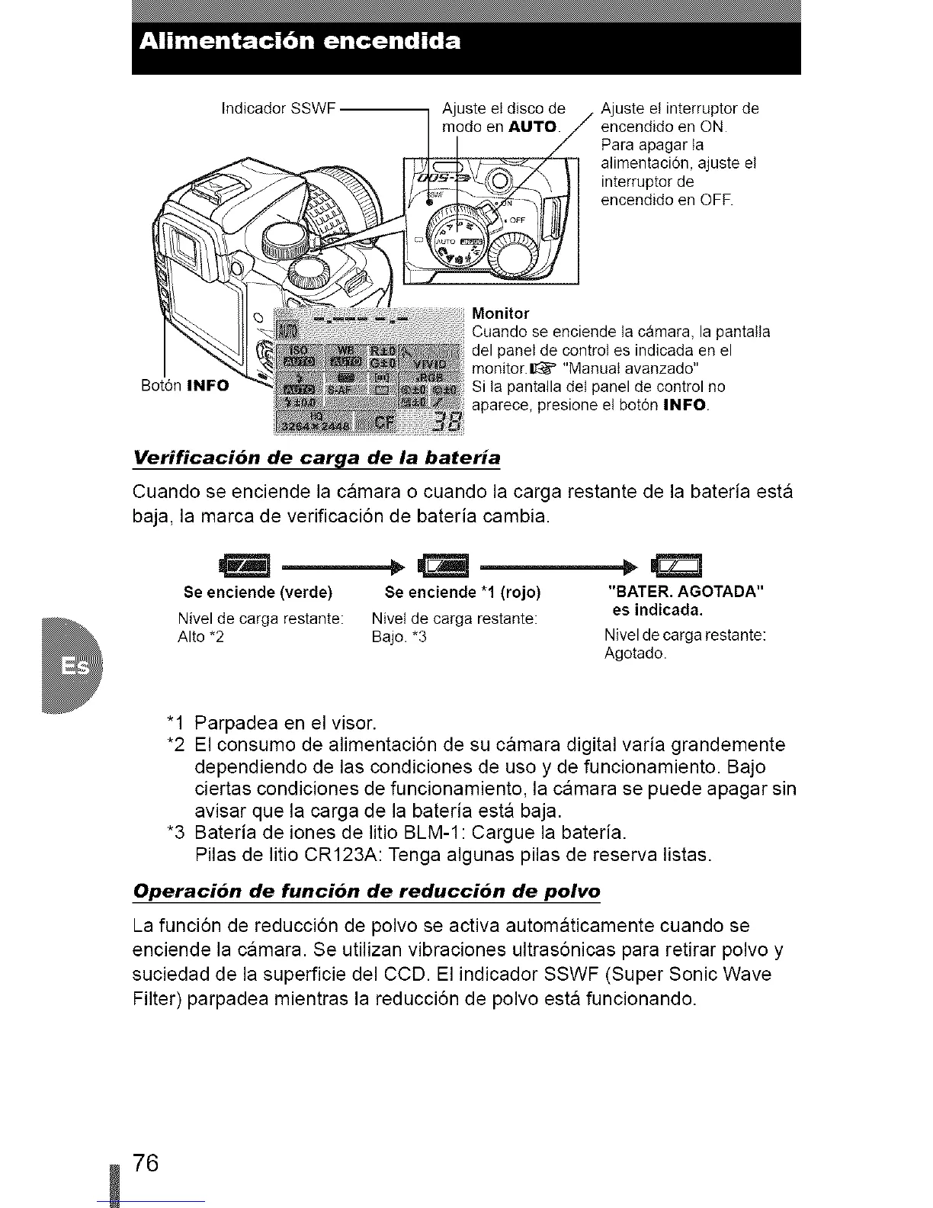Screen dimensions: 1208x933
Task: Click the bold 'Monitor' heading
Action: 501,313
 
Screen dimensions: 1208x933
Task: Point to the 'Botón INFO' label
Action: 185,385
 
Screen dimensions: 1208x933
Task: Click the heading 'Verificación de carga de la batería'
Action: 317,458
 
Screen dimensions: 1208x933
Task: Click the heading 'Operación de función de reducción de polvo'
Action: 367,892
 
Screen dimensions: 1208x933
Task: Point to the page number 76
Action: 145,1165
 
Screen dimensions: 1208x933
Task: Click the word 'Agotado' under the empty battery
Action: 635,654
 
